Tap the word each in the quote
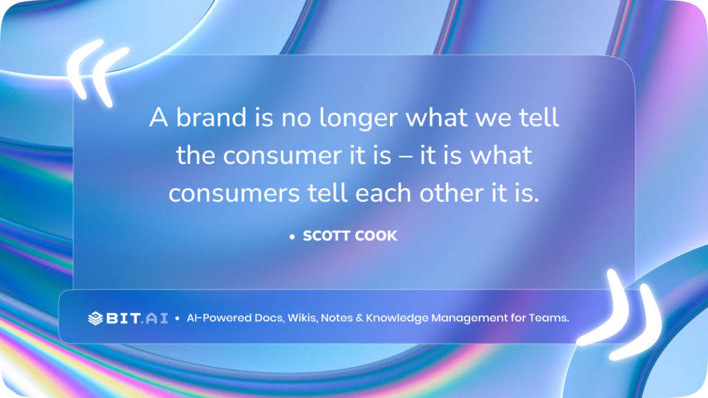382,194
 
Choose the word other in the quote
445,194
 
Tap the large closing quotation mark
619,308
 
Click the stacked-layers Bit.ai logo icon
95,319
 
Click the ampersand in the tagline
357,319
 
